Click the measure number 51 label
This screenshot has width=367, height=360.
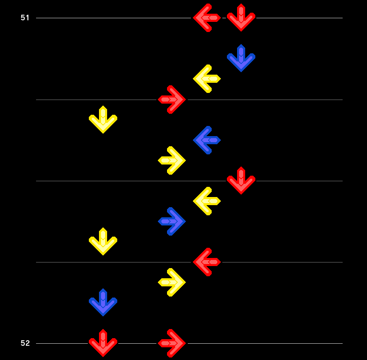point(25,18)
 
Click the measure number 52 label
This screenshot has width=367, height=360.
point(25,343)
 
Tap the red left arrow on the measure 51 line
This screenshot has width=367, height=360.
point(207,18)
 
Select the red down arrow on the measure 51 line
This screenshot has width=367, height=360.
point(241,18)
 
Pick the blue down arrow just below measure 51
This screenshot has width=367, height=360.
point(241,58)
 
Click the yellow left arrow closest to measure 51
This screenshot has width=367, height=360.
point(207,79)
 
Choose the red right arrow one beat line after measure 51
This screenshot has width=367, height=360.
point(172,100)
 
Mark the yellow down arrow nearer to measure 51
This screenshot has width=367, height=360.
point(103,120)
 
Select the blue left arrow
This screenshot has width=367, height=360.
point(207,140)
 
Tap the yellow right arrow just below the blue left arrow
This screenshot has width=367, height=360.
point(172,160)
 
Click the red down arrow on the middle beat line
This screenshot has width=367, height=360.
point(241,180)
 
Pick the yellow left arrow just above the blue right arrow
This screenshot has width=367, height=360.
point(207,201)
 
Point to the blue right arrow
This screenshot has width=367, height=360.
point(172,221)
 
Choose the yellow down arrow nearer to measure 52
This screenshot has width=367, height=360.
point(103,241)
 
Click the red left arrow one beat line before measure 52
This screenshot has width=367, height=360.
point(207,262)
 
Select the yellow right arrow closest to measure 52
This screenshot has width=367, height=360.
point(172,282)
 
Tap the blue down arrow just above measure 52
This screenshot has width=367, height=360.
point(103,303)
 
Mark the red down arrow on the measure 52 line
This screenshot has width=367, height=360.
point(103,343)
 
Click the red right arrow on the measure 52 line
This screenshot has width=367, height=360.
point(172,343)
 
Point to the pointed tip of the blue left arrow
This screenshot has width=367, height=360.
point(193,140)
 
